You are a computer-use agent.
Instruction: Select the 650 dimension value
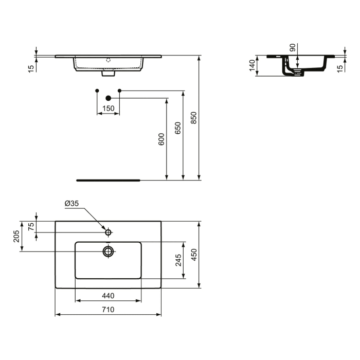point(178,128)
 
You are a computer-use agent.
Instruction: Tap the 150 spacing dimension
point(108,109)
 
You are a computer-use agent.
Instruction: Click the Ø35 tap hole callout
point(72,204)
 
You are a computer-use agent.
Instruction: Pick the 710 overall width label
point(108,310)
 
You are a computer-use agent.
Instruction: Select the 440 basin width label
point(108,296)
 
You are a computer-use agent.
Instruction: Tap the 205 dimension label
point(16,236)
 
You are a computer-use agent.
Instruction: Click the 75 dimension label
point(31,227)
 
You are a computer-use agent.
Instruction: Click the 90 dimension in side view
point(293,48)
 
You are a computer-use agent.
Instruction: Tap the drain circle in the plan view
point(108,251)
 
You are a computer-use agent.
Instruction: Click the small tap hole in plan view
point(108,232)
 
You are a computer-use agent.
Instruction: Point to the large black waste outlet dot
point(108,98)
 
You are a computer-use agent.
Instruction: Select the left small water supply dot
point(97,91)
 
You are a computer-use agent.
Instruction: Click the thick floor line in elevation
point(108,181)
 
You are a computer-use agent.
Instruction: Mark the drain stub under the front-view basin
point(108,74)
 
